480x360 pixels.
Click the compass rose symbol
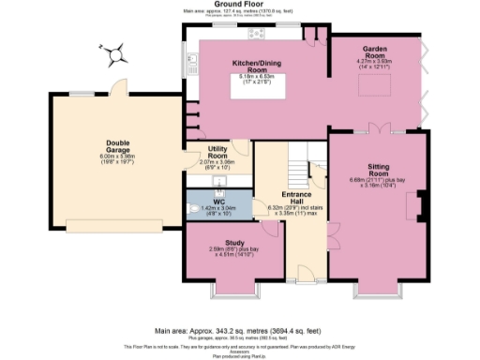tap(114, 54)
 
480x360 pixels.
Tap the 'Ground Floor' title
tap(239, 4)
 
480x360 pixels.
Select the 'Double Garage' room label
tap(118, 146)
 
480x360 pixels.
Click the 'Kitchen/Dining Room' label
tap(251, 66)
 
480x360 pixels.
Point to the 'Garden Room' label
tap(374, 55)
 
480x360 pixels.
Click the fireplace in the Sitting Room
tap(422, 203)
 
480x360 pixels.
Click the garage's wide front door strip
tap(121, 224)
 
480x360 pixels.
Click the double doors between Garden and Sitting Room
tap(376, 127)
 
